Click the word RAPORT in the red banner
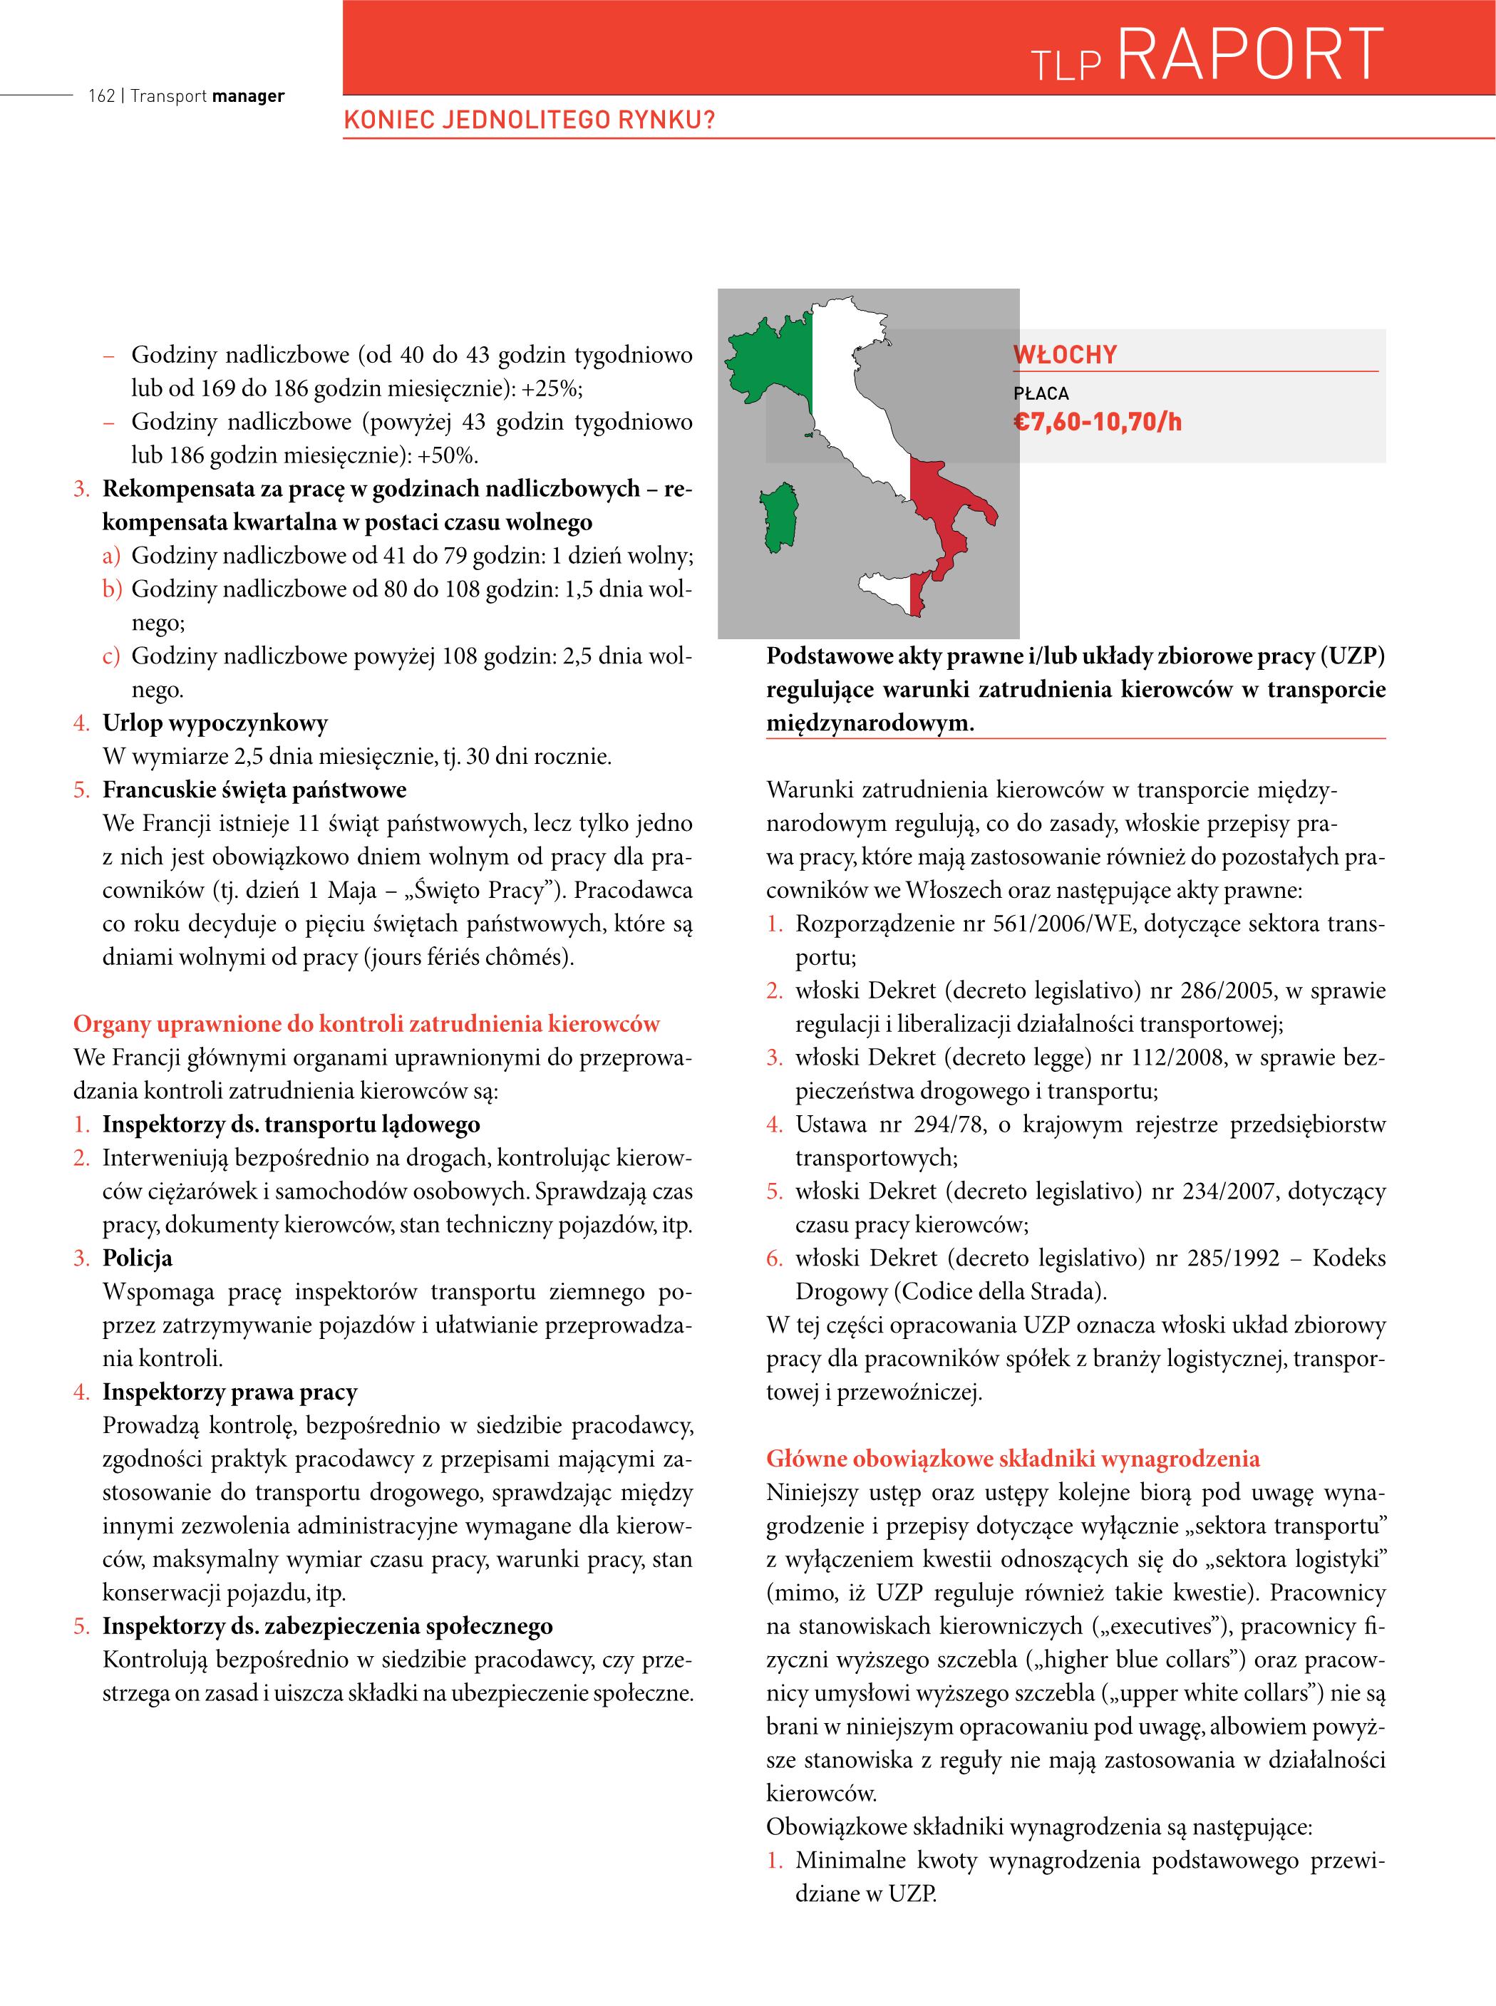point(1249,54)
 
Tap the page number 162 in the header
point(100,96)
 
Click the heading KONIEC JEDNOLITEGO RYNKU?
point(529,120)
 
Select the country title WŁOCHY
point(1065,355)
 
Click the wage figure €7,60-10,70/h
point(1097,422)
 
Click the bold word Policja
point(137,1258)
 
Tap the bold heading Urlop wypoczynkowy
point(215,723)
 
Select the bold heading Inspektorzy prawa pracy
point(230,1392)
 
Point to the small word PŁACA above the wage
point(1041,394)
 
